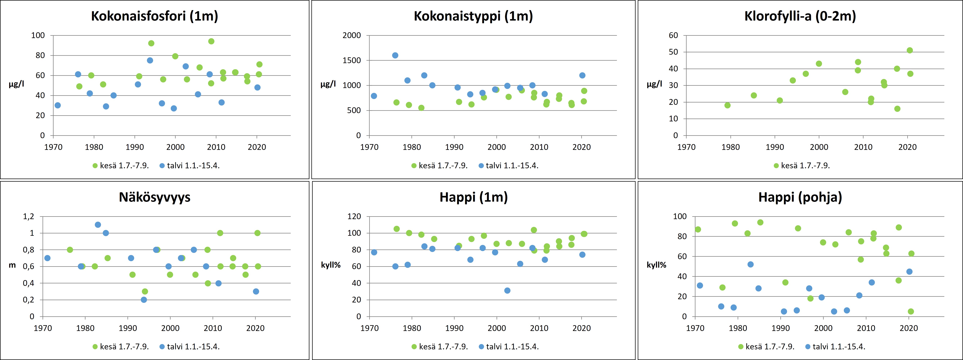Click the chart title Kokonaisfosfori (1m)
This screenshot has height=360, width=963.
(x=154, y=16)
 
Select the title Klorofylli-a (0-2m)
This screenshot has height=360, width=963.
(x=800, y=16)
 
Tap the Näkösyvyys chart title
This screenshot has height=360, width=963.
(x=154, y=197)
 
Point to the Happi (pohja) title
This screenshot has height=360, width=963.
(x=800, y=197)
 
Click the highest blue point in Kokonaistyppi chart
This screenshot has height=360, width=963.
(x=395, y=55)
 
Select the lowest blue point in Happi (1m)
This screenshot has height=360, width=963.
(x=507, y=290)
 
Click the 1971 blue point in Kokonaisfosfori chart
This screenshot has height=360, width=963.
(x=58, y=105)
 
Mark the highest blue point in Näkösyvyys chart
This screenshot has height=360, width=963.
(x=98, y=225)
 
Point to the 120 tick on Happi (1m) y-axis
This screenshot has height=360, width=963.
(x=354, y=216)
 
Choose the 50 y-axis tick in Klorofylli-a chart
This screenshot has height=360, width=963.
(x=673, y=52)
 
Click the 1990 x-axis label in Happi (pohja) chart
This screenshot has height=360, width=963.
(x=781, y=328)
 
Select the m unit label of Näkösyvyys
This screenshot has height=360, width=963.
(x=12, y=265)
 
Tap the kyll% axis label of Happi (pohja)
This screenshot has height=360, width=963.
(x=656, y=265)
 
